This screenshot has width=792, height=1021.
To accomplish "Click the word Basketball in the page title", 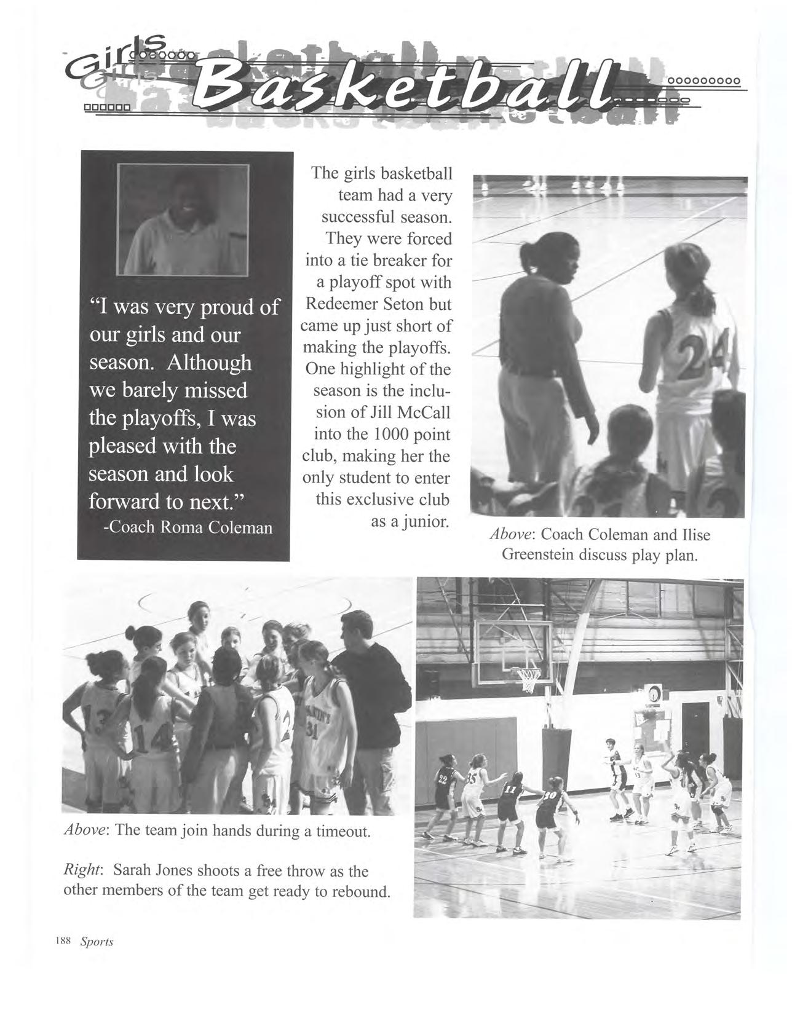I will click(x=406, y=89).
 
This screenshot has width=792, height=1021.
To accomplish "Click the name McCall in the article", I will click(x=426, y=413).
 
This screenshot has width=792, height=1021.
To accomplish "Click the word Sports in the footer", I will click(x=97, y=942).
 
